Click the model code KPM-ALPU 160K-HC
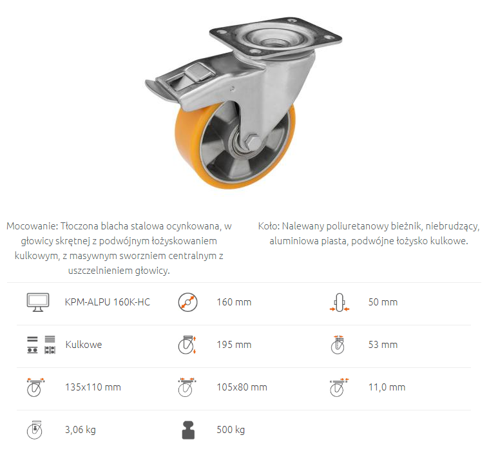pos(108,302)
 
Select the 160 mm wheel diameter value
pos(234,302)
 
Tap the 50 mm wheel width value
pos(383,302)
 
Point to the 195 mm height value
pos(234,345)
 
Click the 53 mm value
pos(383,345)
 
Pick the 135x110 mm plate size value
pos(93,387)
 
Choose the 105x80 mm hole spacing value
pos(242,387)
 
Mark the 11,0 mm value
pos(387,387)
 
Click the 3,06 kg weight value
pos(80,430)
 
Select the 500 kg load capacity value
pos(231,430)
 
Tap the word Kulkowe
pos(84,345)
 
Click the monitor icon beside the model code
pos(38,302)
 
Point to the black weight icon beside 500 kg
pos(188,430)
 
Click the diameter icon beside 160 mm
pos(187,302)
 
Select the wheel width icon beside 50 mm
pos(340,302)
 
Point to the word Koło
pos(269,226)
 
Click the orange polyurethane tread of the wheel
pos(186,149)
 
